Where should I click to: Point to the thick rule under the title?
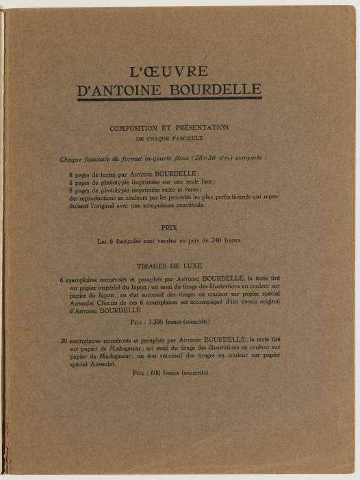pyautogui.click(x=169, y=99)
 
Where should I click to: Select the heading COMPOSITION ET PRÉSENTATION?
pyautogui.click(x=169, y=127)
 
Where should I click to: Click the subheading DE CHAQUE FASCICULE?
pyautogui.click(x=169, y=138)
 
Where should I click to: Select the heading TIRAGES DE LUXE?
pyautogui.click(x=169, y=265)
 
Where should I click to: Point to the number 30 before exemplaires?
pyautogui.click(x=64, y=340)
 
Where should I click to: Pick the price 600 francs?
pyautogui.click(x=159, y=373)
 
